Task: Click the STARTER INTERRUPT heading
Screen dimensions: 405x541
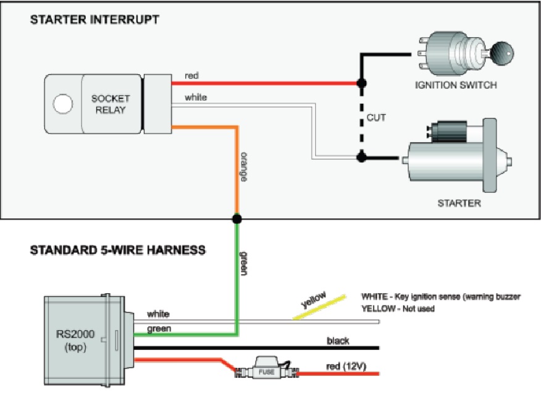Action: [x=94, y=20]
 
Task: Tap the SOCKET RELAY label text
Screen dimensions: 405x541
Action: [x=111, y=104]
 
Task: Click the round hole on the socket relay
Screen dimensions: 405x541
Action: [x=63, y=103]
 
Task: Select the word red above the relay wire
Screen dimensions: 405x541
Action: [x=191, y=76]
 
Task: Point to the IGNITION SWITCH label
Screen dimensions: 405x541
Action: [x=456, y=85]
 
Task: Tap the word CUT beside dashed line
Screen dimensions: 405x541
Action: [x=376, y=117]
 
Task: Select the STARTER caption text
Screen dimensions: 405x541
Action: [x=459, y=202]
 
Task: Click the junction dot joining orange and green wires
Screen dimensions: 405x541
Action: [x=237, y=218]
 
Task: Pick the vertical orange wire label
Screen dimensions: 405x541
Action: [x=245, y=166]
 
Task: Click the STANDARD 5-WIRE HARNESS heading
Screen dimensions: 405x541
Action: [x=117, y=250]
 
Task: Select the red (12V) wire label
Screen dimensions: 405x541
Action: [x=346, y=367]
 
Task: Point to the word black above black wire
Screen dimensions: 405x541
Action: [x=338, y=341]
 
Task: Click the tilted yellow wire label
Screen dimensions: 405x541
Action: [x=314, y=300]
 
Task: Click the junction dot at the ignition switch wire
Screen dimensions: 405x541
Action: [x=361, y=82]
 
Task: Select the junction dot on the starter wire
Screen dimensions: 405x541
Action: [x=361, y=157]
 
